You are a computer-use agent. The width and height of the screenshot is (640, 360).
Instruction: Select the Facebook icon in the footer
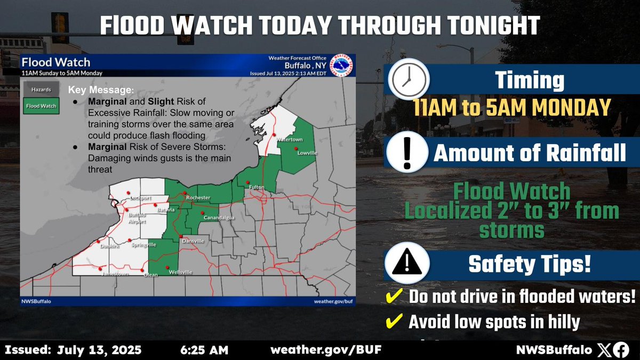(x=621, y=350)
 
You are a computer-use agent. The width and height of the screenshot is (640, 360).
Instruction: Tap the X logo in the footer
(x=603, y=350)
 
